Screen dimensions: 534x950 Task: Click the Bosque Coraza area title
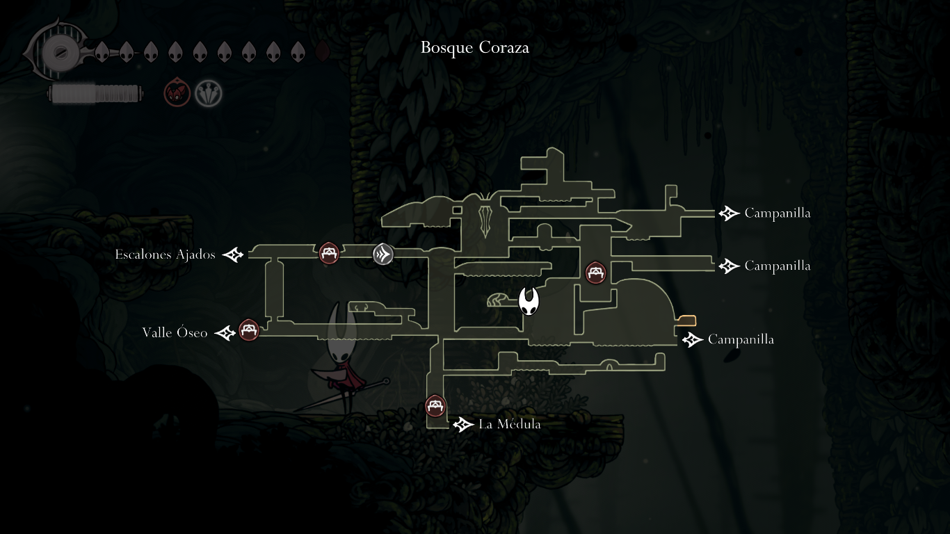475,48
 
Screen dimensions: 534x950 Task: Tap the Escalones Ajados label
165,254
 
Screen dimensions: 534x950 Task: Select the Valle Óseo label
175,333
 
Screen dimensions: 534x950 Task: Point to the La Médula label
509,424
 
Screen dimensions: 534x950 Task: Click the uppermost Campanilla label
777,213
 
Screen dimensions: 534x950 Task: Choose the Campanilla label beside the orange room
741,339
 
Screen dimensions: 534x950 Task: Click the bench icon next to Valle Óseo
248,330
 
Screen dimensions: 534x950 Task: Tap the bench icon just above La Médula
435,406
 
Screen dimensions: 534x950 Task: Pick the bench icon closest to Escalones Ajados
329,253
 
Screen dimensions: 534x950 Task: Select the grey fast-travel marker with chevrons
383,254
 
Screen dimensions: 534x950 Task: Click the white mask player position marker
530,302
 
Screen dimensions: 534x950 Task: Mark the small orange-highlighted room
687,321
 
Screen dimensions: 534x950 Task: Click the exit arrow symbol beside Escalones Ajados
234,255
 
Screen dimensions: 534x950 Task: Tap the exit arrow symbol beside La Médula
463,424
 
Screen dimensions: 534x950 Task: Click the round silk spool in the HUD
56,52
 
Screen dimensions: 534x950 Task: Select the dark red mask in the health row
322,51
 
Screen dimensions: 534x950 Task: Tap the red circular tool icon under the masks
177,92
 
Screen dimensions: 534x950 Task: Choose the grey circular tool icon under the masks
208,92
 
